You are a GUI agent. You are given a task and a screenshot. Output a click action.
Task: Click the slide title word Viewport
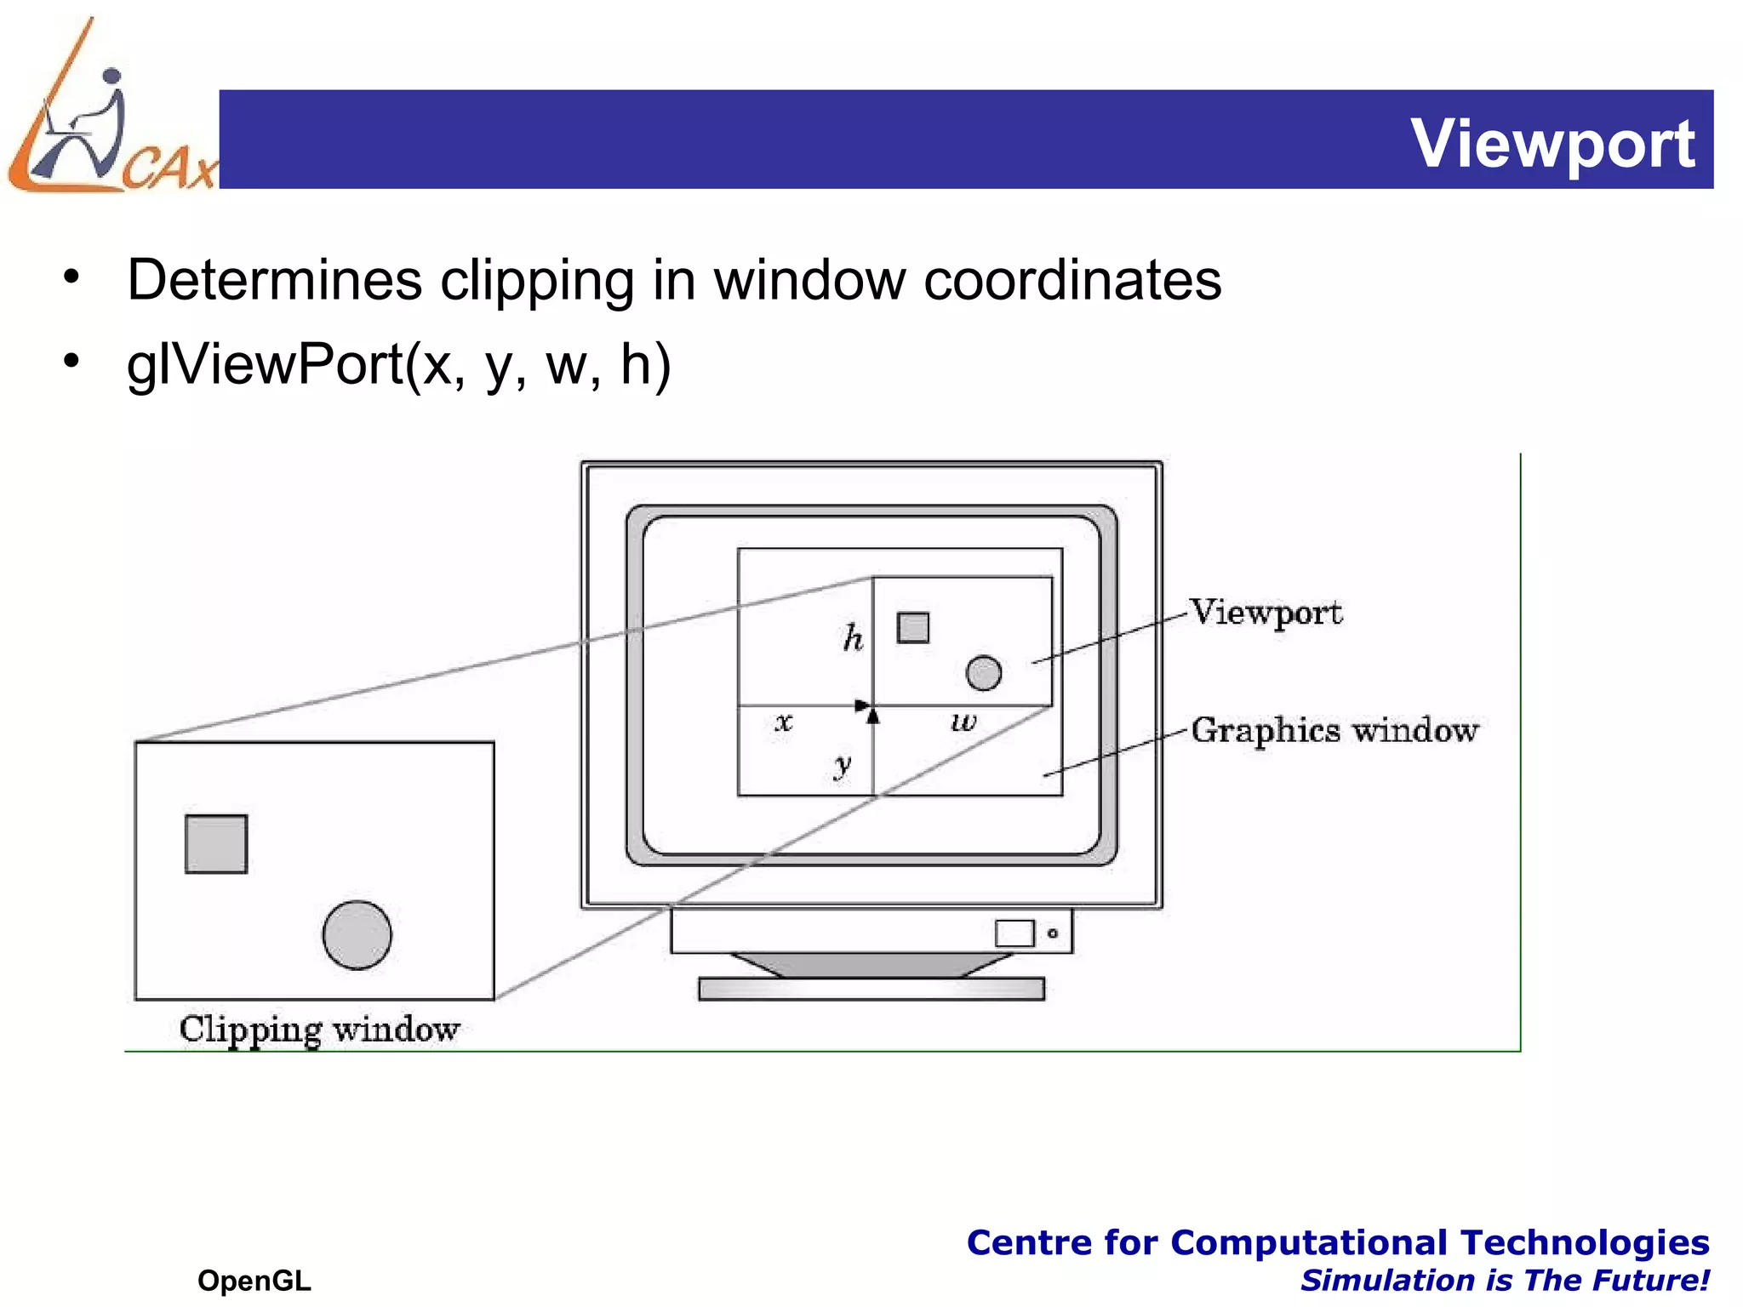coord(1552,144)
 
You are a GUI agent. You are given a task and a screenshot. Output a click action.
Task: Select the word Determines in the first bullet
coord(274,280)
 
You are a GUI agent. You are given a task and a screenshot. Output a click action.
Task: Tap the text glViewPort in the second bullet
coord(264,364)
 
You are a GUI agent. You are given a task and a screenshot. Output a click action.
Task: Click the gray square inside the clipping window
coord(216,844)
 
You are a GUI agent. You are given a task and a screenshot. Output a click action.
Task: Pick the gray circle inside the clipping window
coord(357,935)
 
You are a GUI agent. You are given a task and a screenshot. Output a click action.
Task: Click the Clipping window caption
coord(319,1029)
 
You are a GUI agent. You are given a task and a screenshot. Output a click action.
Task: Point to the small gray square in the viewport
coord(913,628)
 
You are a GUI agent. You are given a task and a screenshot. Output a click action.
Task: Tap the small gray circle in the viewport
coord(984,673)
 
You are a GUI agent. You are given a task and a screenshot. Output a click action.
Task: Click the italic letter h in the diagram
coord(853,637)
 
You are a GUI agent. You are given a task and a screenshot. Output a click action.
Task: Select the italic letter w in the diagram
coord(963,723)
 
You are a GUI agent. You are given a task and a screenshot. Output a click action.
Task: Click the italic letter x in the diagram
coord(784,723)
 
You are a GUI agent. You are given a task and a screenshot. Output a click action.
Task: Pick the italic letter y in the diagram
coord(843,764)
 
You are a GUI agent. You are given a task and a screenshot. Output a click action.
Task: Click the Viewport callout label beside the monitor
coord(1266,613)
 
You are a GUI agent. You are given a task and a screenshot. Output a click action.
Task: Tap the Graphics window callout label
coord(1334,731)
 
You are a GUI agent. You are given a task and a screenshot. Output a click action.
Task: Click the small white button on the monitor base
coord(1014,933)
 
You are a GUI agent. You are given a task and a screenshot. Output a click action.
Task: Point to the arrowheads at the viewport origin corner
coord(868,709)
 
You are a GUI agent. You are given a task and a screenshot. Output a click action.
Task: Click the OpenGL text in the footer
coord(254,1281)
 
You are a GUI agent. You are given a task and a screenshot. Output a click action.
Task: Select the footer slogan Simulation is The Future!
coord(1505,1281)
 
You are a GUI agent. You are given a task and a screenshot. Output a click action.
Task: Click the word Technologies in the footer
coord(1585,1243)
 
